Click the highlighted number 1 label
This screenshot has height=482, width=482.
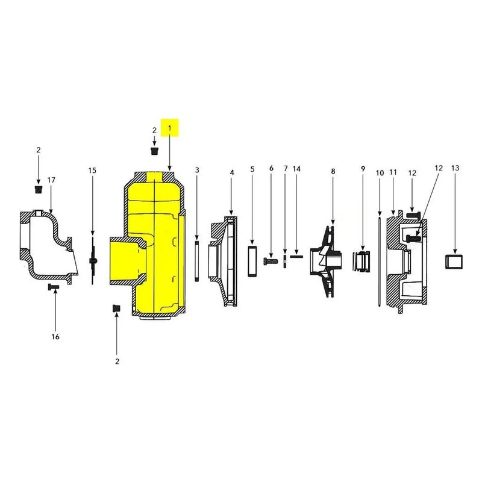pos(169,128)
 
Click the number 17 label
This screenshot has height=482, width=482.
pos(51,180)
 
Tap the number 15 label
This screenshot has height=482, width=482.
pos(92,171)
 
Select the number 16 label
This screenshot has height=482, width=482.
pos(55,337)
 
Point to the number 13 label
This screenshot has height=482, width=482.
pos(455,168)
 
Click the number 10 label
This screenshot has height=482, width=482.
pos(380,173)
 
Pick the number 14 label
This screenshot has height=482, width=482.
pos(296,169)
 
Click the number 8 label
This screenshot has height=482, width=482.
pos(333,171)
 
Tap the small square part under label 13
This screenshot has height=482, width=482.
pos(454,262)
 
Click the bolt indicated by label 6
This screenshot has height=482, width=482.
pos(271,261)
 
